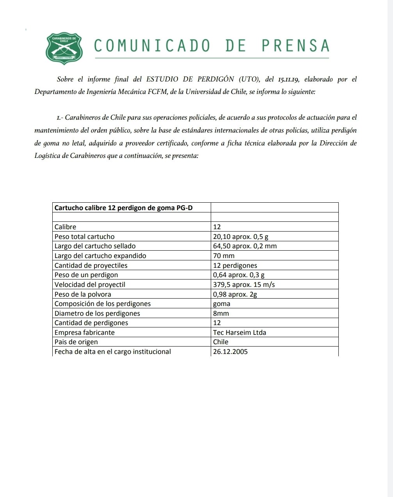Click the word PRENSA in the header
tap(295, 46)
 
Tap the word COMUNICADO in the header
tap(152, 46)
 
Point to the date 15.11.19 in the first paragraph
tap(288, 80)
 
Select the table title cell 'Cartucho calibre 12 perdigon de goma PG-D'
tap(123, 208)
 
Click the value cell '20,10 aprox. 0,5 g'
tap(241, 237)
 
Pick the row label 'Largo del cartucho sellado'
tap(95, 246)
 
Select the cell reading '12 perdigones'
tap(235, 265)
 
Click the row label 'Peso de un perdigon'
tap(86, 275)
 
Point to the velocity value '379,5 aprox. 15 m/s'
tap(244, 285)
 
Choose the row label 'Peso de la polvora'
tap(83, 294)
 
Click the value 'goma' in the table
tap(222, 304)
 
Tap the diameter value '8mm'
tap(221, 313)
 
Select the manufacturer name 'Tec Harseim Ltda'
tap(240, 333)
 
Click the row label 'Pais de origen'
tap(76, 342)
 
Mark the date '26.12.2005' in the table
tap(230, 352)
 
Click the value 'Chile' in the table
tap(221, 342)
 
